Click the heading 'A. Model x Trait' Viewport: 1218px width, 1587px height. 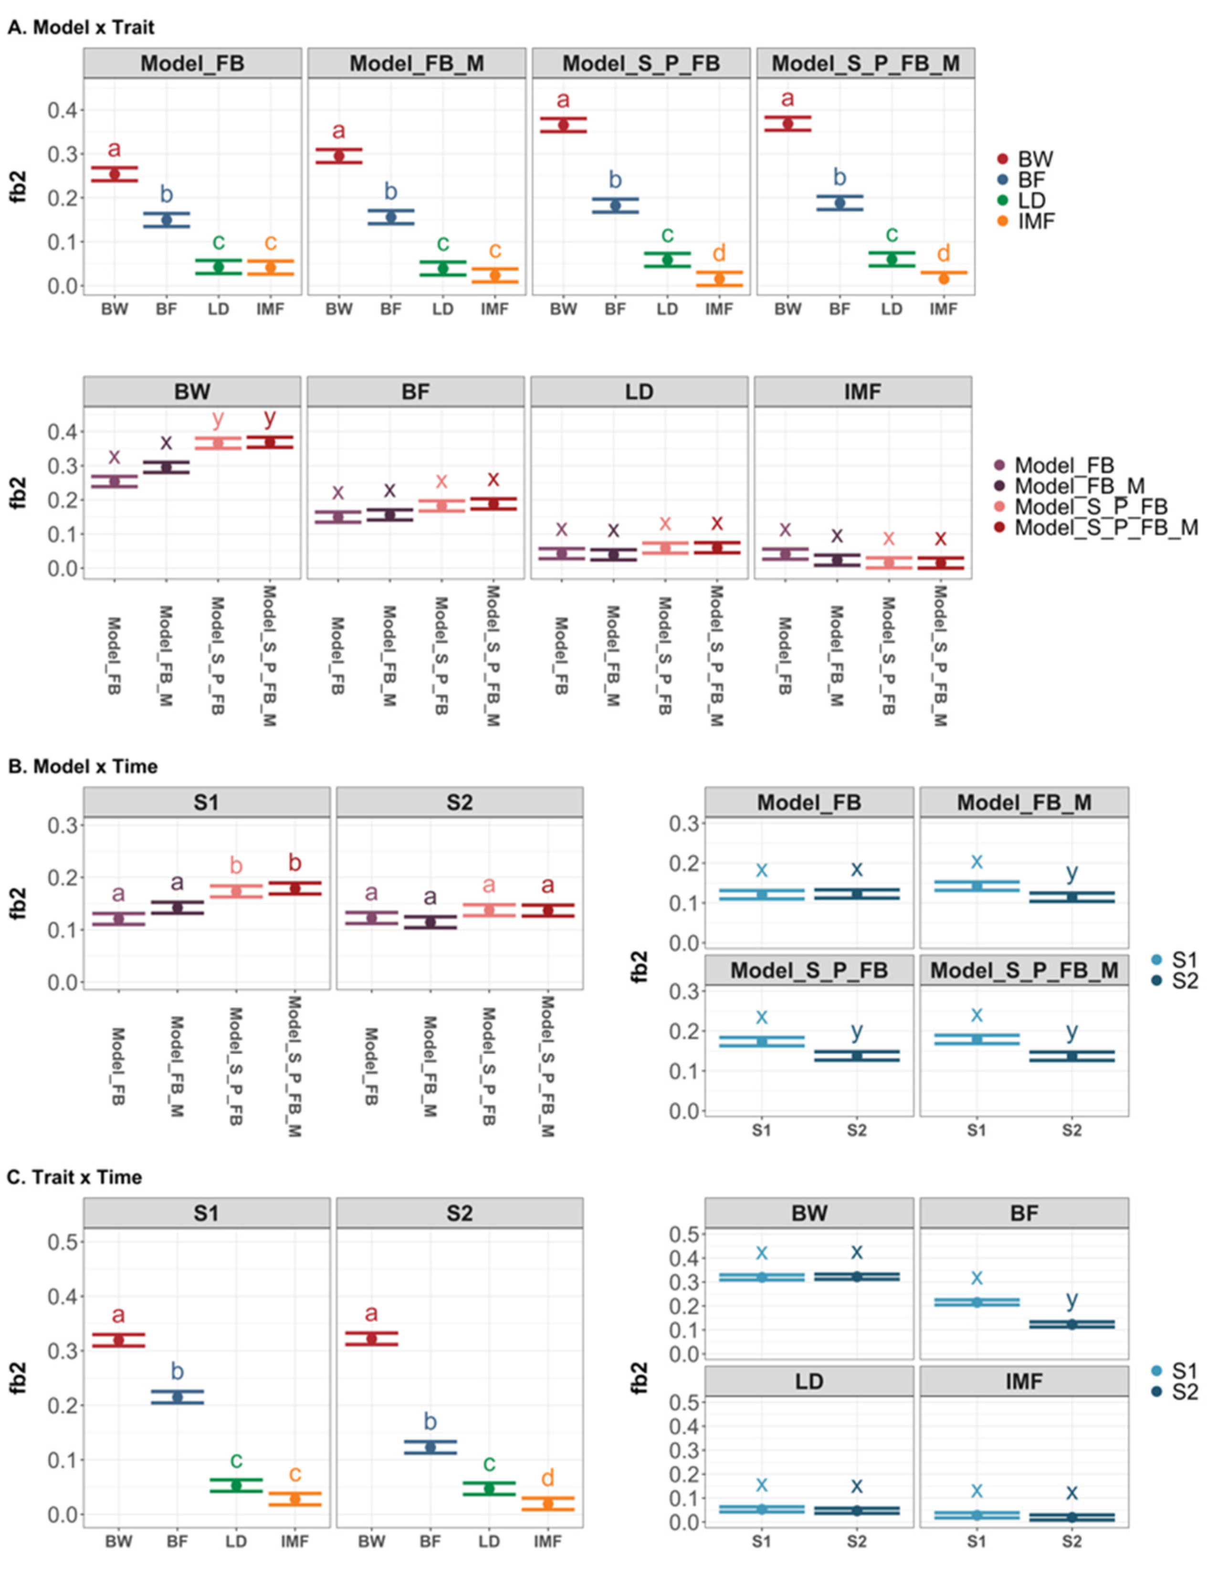(x=81, y=28)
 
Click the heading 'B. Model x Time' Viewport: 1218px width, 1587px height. (x=82, y=766)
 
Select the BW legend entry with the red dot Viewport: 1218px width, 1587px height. (x=1026, y=159)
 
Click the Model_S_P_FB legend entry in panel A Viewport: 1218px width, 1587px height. (x=1080, y=506)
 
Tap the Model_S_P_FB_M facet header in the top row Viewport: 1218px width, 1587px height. (x=865, y=64)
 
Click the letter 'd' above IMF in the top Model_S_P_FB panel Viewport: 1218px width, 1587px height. (x=718, y=253)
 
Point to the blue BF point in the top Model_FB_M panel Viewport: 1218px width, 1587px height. (x=391, y=217)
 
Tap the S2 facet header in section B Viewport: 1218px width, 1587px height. (x=459, y=802)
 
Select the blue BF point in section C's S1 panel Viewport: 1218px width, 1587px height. (x=177, y=1397)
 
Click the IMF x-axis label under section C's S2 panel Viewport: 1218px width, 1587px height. (x=547, y=1541)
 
